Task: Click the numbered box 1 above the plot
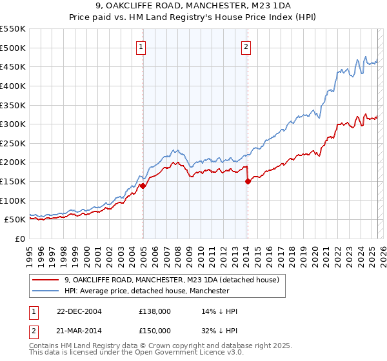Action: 141,46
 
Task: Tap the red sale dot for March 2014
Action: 248,181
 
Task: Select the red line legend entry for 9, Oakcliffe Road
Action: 171,280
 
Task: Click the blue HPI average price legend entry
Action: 146,291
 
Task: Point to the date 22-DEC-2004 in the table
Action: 79,311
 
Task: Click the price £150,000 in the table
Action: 155,330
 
